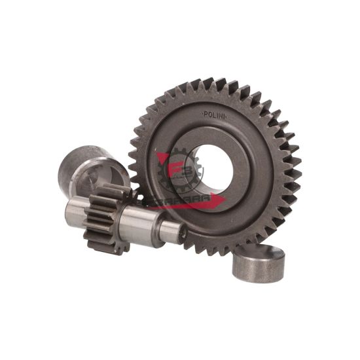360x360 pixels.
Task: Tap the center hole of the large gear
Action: tap(213, 164)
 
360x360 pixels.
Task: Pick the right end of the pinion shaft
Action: tap(175, 230)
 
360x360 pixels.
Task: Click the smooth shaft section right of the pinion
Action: tap(147, 225)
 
